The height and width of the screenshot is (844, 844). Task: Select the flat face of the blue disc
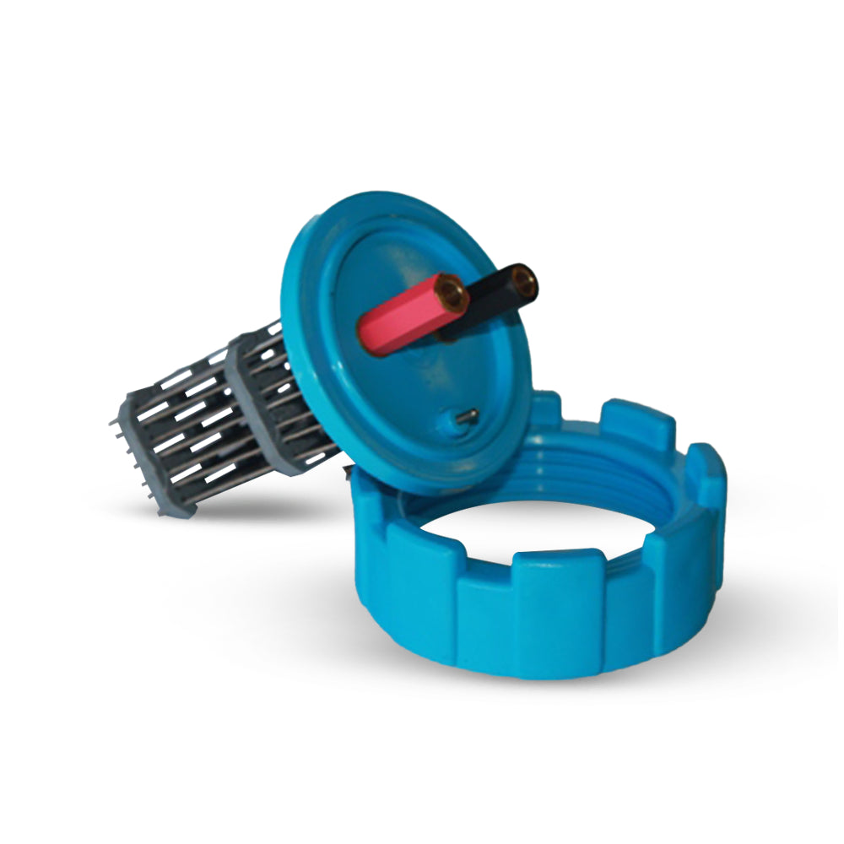coord(405,388)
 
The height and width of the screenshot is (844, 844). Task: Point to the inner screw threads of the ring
coord(608,473)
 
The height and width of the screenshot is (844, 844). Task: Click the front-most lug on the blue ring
coord(557,616)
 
